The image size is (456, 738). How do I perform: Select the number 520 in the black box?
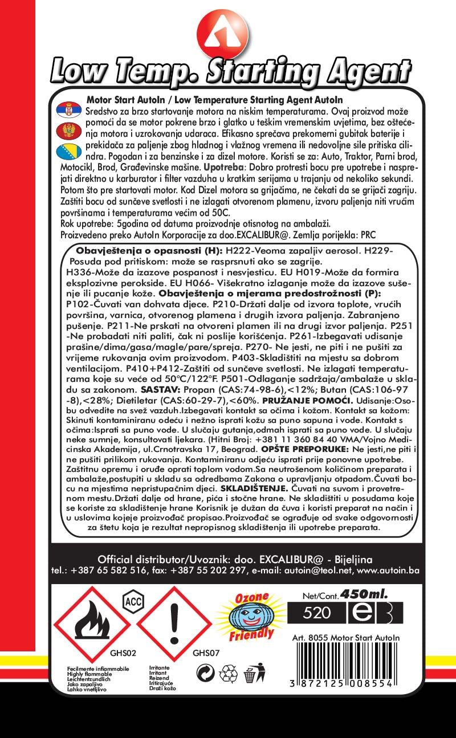[317, 613]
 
